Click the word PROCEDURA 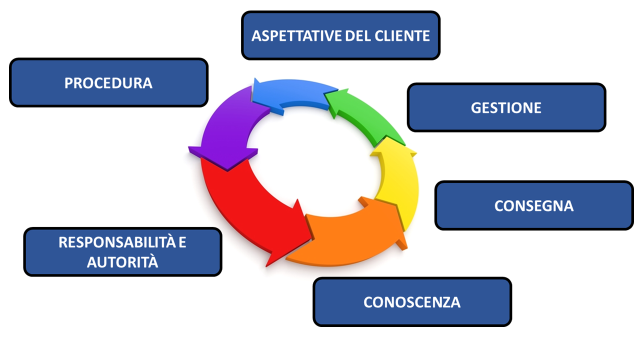point(108,82)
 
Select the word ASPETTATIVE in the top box point(290,36)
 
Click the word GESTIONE point(506,107)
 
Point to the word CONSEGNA point(533,205)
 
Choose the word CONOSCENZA point(412,302)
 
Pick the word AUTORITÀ point(122,261)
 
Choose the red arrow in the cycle point(240,200)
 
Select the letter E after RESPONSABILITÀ point(182,242)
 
